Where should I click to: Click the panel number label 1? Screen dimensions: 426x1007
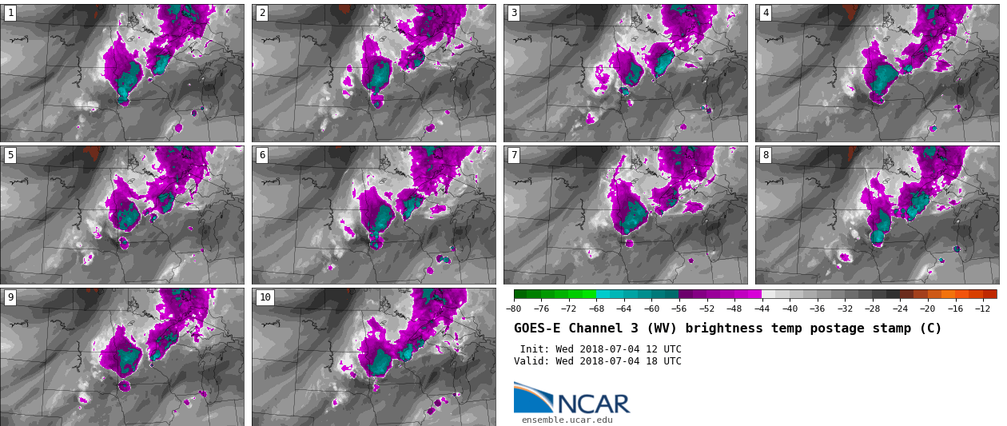pyautogui.click(x=10, y=13)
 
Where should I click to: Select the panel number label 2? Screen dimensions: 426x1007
pyautogui.click(x=262, y=13)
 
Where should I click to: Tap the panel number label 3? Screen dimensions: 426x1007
pyautogui.click(x=514, y=13)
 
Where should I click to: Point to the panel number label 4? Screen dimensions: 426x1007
pyautogui.click(x=766, y=13)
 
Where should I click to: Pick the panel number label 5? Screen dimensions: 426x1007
pyautogui.click(x=10, y=155)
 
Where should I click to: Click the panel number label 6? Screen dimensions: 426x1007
pyautogui.click(x=262, y=155)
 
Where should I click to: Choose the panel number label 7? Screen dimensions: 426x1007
pyautogui.click(x=514, y=155)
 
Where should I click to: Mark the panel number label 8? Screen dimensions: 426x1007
pyautogui.click(x=766, y=155)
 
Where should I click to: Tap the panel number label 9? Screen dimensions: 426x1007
pyautogui.click(x=10, y=297)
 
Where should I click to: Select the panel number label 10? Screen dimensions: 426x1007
pyautogui.click(x=265, y=297)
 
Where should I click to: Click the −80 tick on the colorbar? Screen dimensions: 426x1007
pyautogui.click(x=514, y=309)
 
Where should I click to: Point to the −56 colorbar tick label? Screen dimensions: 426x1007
pyautogui.click(x=679, y=309)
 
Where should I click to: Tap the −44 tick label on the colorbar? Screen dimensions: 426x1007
pyautogui.click(x=762, y=309)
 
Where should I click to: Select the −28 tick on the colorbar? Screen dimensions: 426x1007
pyautogui.click(x=872, y=309)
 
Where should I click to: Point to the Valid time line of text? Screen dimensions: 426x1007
pyautogui.click(x=598, y=361)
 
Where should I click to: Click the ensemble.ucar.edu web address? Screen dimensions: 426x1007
pyautogui.click(x=567, y=420)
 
